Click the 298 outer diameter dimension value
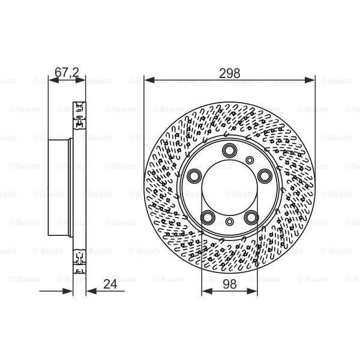[x=230, y=73]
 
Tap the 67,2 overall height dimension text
[x=66, y=73]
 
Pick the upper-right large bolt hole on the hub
[x=265, y=175]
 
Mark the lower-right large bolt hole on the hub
[x=251, y=217]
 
